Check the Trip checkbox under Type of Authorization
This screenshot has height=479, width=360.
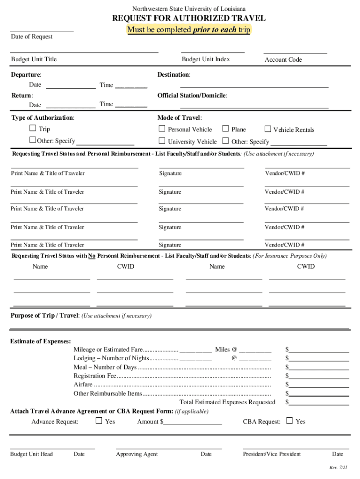coord(33,128)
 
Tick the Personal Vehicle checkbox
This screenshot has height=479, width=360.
coord(162,129)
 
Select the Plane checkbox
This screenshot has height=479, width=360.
coord(225,129)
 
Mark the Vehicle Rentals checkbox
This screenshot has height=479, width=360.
coord(268,129)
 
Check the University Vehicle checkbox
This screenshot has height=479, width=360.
coord(162,141)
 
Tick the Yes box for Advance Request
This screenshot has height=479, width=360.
coord(99,421)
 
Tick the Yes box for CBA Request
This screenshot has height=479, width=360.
coord(289,421)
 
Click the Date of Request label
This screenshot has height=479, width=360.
coord(32,36)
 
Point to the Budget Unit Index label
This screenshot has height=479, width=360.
coord(206,59)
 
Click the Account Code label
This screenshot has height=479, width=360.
coord(283,60)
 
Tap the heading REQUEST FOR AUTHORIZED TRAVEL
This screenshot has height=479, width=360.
coord(189,18)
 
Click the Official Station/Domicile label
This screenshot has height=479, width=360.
coord(192,95)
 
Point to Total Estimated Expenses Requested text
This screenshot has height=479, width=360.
coord(227,402)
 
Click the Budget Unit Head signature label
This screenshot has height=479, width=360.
coord(31,454)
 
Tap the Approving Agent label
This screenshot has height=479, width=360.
coord(137,454)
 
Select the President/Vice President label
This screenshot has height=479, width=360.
coord(272,454)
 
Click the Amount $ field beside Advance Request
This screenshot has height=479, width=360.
coord(192,422)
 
